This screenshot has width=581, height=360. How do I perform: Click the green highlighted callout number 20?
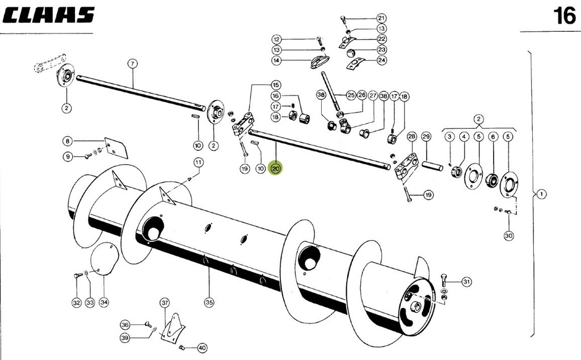coord(276,169)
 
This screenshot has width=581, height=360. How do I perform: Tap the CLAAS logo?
coord(48,15)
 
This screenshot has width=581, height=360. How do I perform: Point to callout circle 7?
coord(132,64)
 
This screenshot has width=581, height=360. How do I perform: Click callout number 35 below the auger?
coord(209,303)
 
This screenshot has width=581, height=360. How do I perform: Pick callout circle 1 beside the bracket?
coord(542,194)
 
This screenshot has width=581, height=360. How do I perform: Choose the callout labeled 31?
coord(466,282)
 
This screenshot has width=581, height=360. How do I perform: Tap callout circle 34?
coord(103,303)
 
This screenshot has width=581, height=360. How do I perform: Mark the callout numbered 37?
coord(165,303)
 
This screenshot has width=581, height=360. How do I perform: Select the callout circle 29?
coord(427,136)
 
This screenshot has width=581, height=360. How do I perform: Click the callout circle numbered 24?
coord(381,60)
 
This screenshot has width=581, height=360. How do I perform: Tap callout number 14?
coord(276,60)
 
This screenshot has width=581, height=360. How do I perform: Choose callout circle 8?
coord(68,141)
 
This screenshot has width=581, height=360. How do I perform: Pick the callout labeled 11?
coord(198,162)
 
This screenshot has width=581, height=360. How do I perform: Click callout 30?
coord(508,235)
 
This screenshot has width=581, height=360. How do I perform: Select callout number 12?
coord(276,39)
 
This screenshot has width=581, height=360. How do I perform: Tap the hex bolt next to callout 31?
coord(444,279)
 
